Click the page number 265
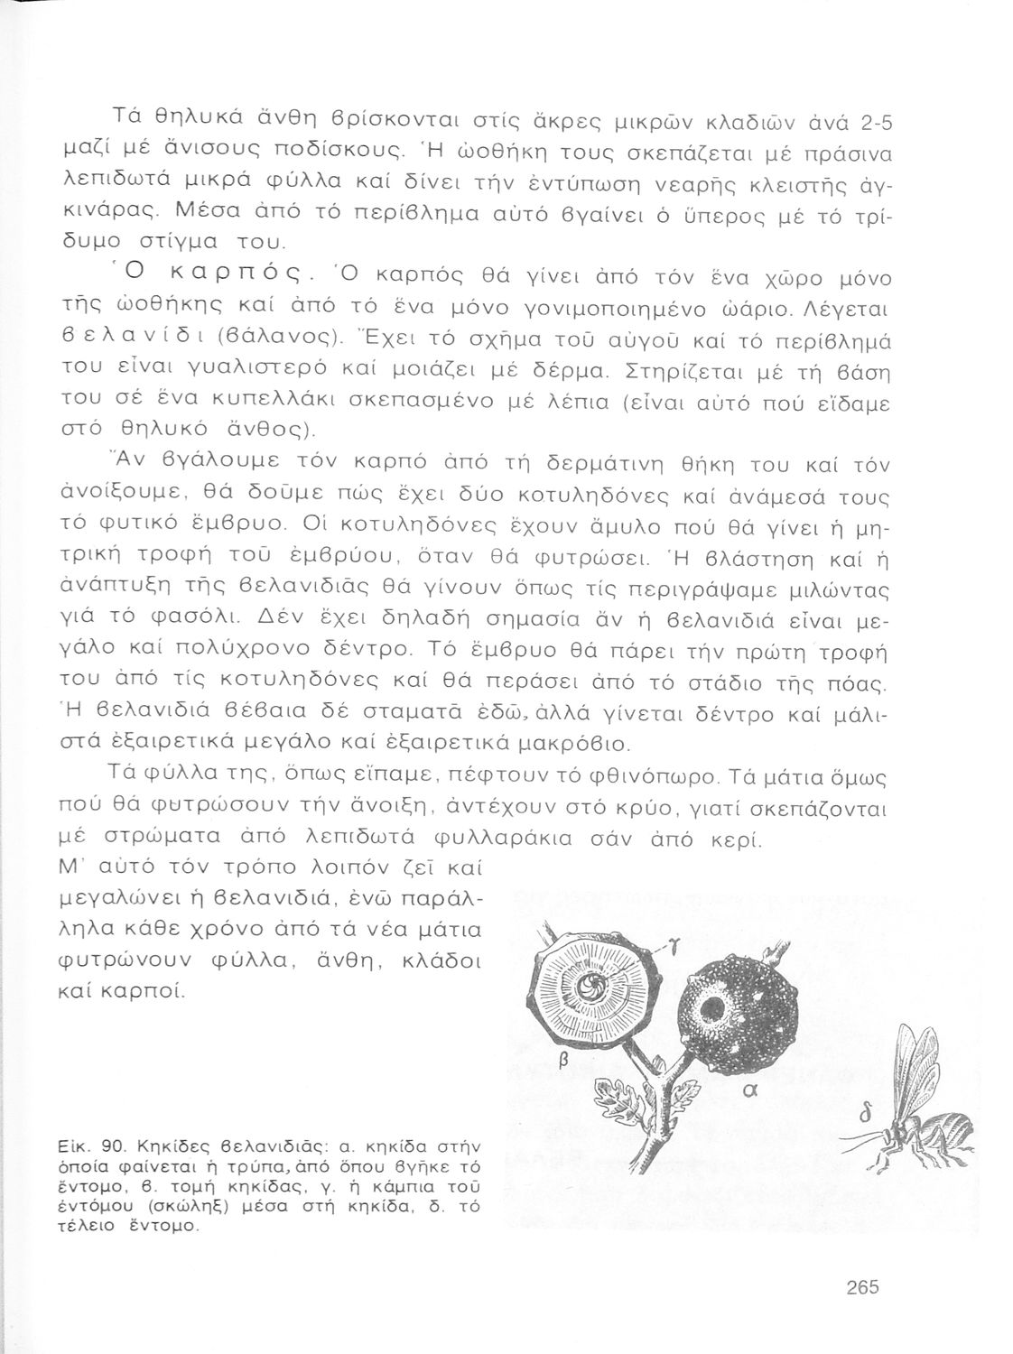[863, 1288]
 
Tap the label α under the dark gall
[747, 1090]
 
